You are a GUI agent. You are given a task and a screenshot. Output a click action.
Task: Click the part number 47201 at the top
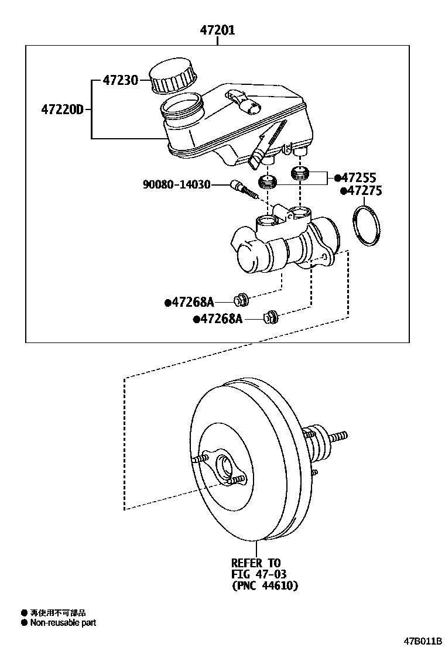[x=217, y=30]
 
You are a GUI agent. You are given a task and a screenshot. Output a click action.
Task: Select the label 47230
[x=120, y=80]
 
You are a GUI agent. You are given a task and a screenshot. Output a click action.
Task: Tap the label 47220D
[x=63, y=109]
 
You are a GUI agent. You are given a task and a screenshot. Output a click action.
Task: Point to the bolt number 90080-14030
[x=176, y=185]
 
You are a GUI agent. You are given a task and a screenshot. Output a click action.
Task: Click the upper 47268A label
[x=192, y=302]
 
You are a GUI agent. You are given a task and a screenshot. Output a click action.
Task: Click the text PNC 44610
[x=265, y=585]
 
